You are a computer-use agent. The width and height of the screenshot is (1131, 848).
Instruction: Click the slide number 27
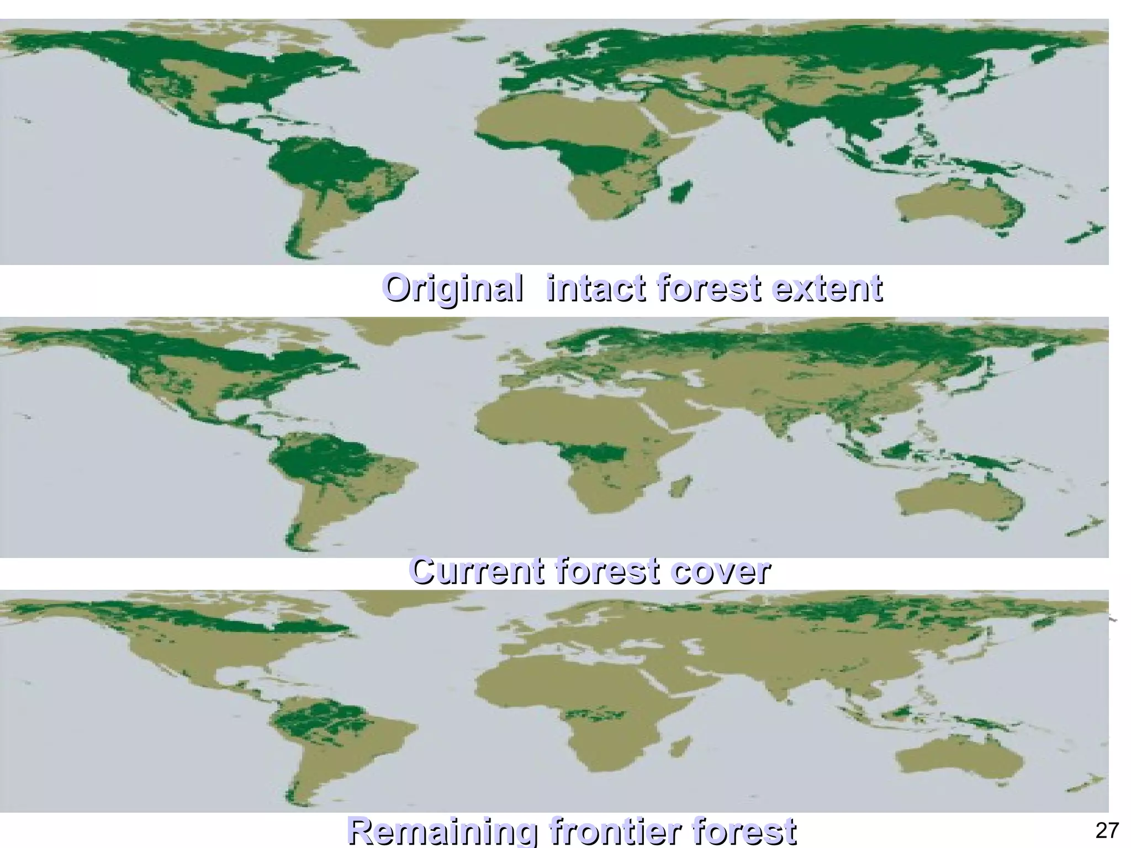click(x=1107, y=830)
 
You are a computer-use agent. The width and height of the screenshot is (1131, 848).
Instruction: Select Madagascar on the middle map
click(x=680, y=486)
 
